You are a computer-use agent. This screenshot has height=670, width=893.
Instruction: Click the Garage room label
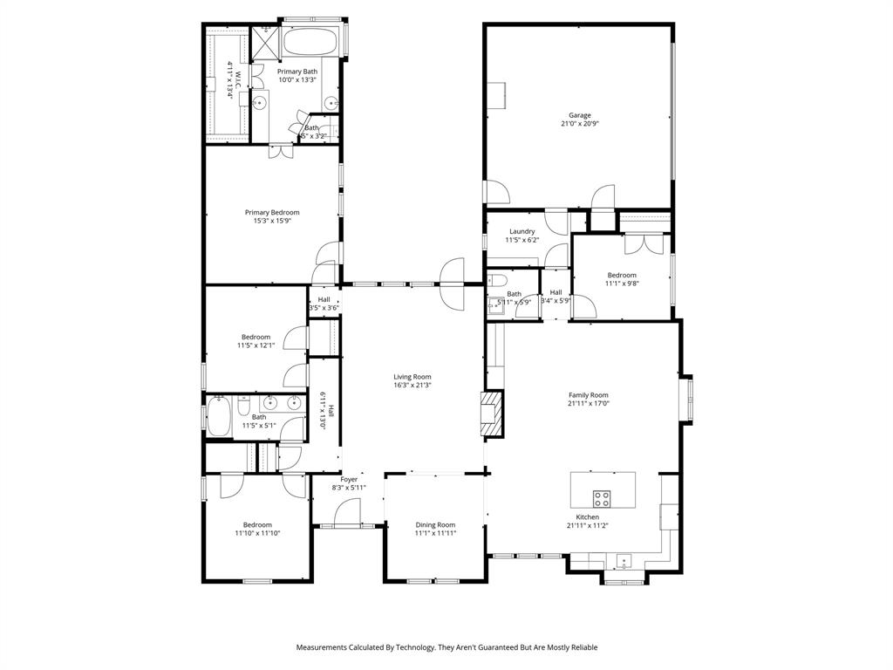coord(580,115)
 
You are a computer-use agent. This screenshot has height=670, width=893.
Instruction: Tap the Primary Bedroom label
coord(272,212)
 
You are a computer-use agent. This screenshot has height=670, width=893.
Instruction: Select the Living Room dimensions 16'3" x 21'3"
coord(412,385)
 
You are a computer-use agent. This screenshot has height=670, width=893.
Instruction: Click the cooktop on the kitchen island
coord(602,499)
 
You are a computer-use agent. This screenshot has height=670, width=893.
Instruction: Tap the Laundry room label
coord(521,231)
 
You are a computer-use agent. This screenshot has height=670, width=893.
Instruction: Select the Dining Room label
coord(435,524)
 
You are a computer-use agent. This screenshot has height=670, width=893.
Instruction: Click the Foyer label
coord(349,479)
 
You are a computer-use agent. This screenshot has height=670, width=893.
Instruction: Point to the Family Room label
coord(589,394)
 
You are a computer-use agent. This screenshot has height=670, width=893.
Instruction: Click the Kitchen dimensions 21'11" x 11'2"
coord(588,525)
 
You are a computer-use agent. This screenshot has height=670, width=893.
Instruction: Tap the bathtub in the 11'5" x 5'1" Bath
coord(219,417)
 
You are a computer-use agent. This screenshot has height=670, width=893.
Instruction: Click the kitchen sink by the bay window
coord(624,561)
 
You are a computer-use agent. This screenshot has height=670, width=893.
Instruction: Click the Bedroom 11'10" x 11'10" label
coord(257,524)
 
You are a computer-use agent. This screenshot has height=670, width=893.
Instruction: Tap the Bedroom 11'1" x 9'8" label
coord(622,275)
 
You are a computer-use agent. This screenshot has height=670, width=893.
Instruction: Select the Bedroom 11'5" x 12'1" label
coord(256,337)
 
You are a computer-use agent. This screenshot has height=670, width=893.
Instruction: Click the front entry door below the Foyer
coord(346,525)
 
